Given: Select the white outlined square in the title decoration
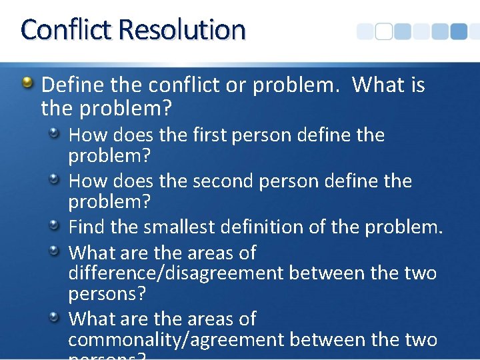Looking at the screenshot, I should pos(383,32).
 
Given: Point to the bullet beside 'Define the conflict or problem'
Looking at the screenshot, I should pos(27,83).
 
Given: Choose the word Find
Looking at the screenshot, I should pos(87,227).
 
